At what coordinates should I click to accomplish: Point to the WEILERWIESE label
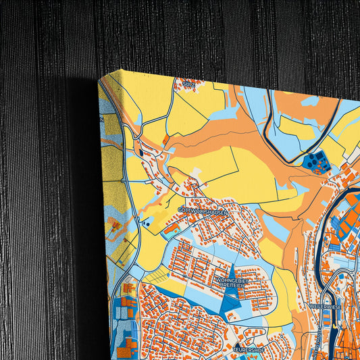click(x=326, y=305)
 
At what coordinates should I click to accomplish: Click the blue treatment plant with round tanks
click(x=314, y=161)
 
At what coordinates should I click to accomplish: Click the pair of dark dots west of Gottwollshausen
click(x=145, y=222)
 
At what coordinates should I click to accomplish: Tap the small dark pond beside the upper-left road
click(x=140, y=153)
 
